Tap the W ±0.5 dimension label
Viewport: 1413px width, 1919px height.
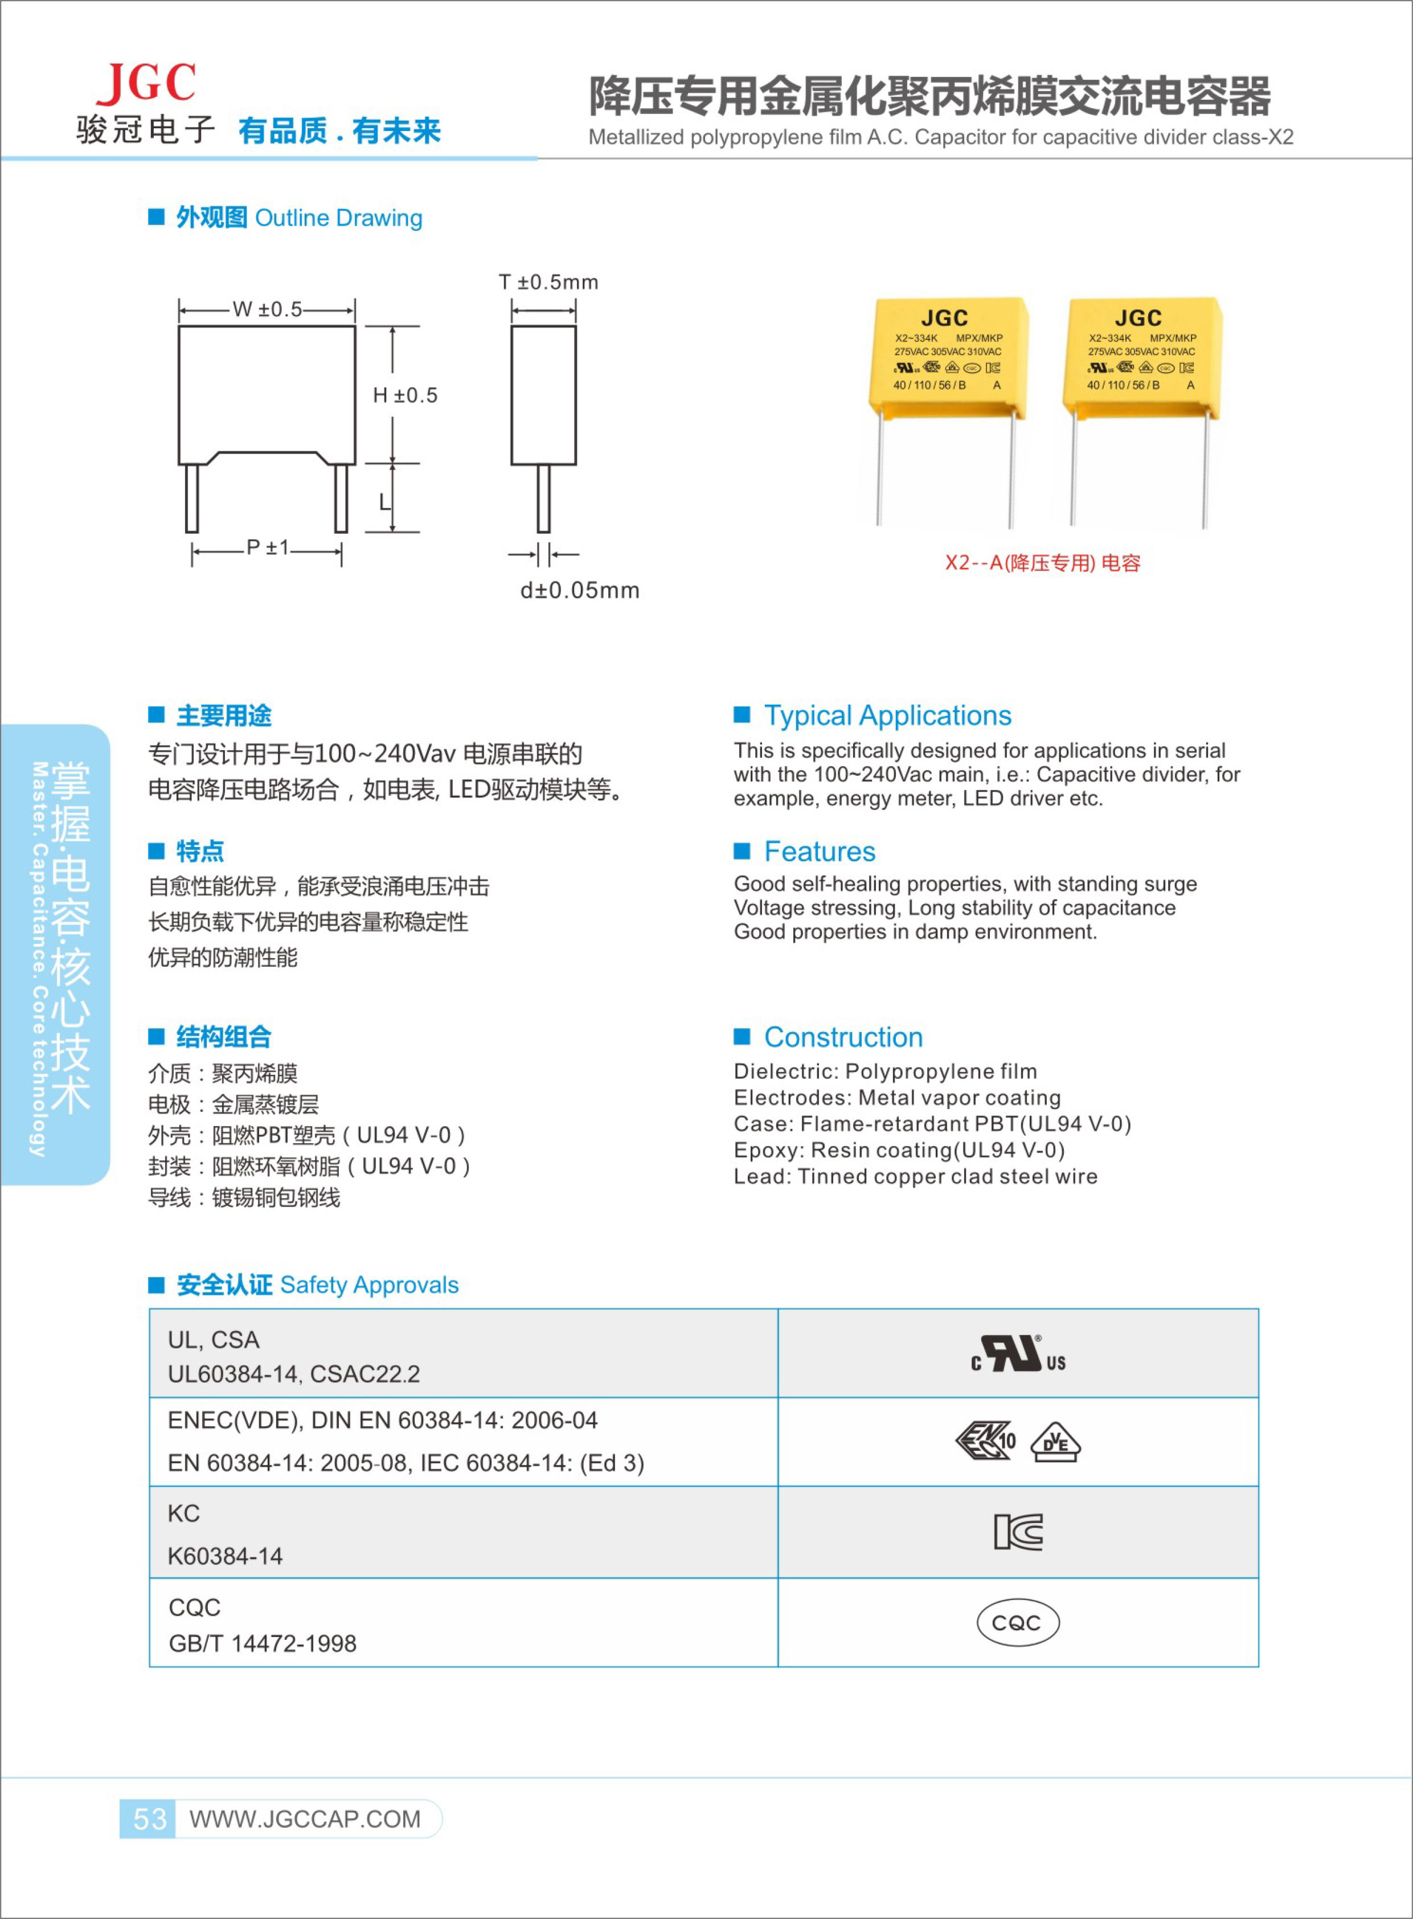[267, 310]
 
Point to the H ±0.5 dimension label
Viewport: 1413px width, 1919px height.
[404, 395]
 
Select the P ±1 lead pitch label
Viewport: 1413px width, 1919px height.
[267, 547]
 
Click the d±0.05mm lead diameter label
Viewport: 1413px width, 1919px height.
[579, 590]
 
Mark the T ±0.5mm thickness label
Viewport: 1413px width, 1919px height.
[548, 283]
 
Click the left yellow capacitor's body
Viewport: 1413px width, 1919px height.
[947, 358]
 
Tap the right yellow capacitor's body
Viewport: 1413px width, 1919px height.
[1141, 358]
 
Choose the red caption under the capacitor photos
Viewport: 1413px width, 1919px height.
[1042, 563]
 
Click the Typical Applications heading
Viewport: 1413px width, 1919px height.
[887, 715]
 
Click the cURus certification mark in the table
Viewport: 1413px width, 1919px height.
[1018, 1355]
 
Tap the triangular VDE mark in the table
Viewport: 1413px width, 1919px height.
[1055, 1442]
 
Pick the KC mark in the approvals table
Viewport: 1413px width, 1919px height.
[1018, 1532]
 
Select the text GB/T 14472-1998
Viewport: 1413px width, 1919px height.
[262, 1643]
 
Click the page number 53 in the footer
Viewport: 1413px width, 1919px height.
[150, 1818]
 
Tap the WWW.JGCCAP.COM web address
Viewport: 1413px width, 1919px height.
[305, 1819]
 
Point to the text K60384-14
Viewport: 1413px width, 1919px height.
[225, 1556]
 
